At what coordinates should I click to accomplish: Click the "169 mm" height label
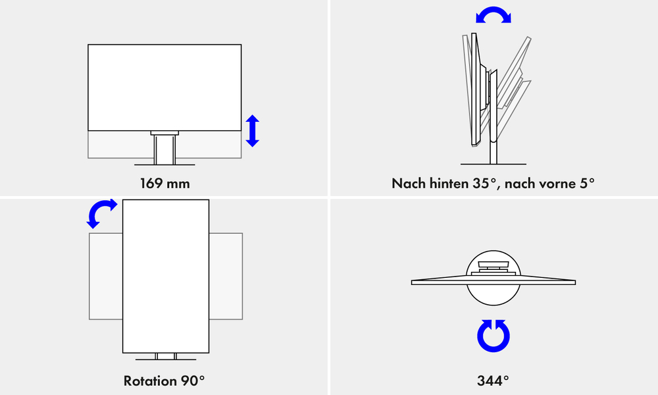point(164,184)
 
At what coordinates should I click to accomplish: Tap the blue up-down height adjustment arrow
point(252,131)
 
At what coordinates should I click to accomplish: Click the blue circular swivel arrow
point(493,336)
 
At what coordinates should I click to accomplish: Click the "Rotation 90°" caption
point(164,381)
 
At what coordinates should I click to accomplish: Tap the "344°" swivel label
point(493,381)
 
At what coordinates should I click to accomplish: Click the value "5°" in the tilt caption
point(587,184)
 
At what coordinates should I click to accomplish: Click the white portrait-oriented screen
point(166,276)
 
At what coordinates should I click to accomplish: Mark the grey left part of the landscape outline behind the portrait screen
point(106,276)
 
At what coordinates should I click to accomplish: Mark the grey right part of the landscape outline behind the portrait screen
point(226,276)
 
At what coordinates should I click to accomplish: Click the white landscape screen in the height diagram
point(164,88)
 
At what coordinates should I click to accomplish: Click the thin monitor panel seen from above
point(493,282)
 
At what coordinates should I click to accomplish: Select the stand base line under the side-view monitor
point(493,164)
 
